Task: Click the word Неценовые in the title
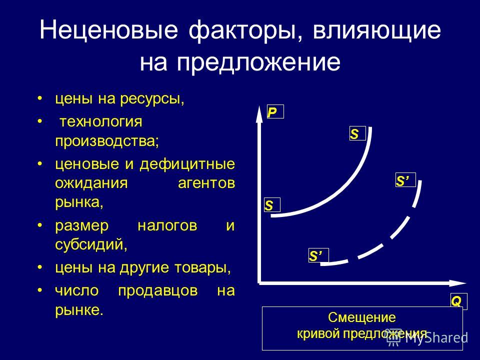click(x=108, y=30)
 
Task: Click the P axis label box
click(x=275, y=111)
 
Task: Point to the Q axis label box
click(x=458, y=301)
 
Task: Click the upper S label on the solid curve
click(x=357, y=133)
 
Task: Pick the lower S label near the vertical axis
click(x=272, y=205)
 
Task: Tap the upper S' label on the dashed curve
click(x=405, y=180)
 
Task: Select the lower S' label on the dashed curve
click(x=318, y=255)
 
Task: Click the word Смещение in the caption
click(x=362, y=317)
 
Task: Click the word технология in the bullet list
click(x=100, y=122)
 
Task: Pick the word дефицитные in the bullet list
click(x=187, y=164)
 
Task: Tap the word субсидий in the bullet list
click(x=91, y=244)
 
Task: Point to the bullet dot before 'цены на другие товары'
click(x=39, y=267)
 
